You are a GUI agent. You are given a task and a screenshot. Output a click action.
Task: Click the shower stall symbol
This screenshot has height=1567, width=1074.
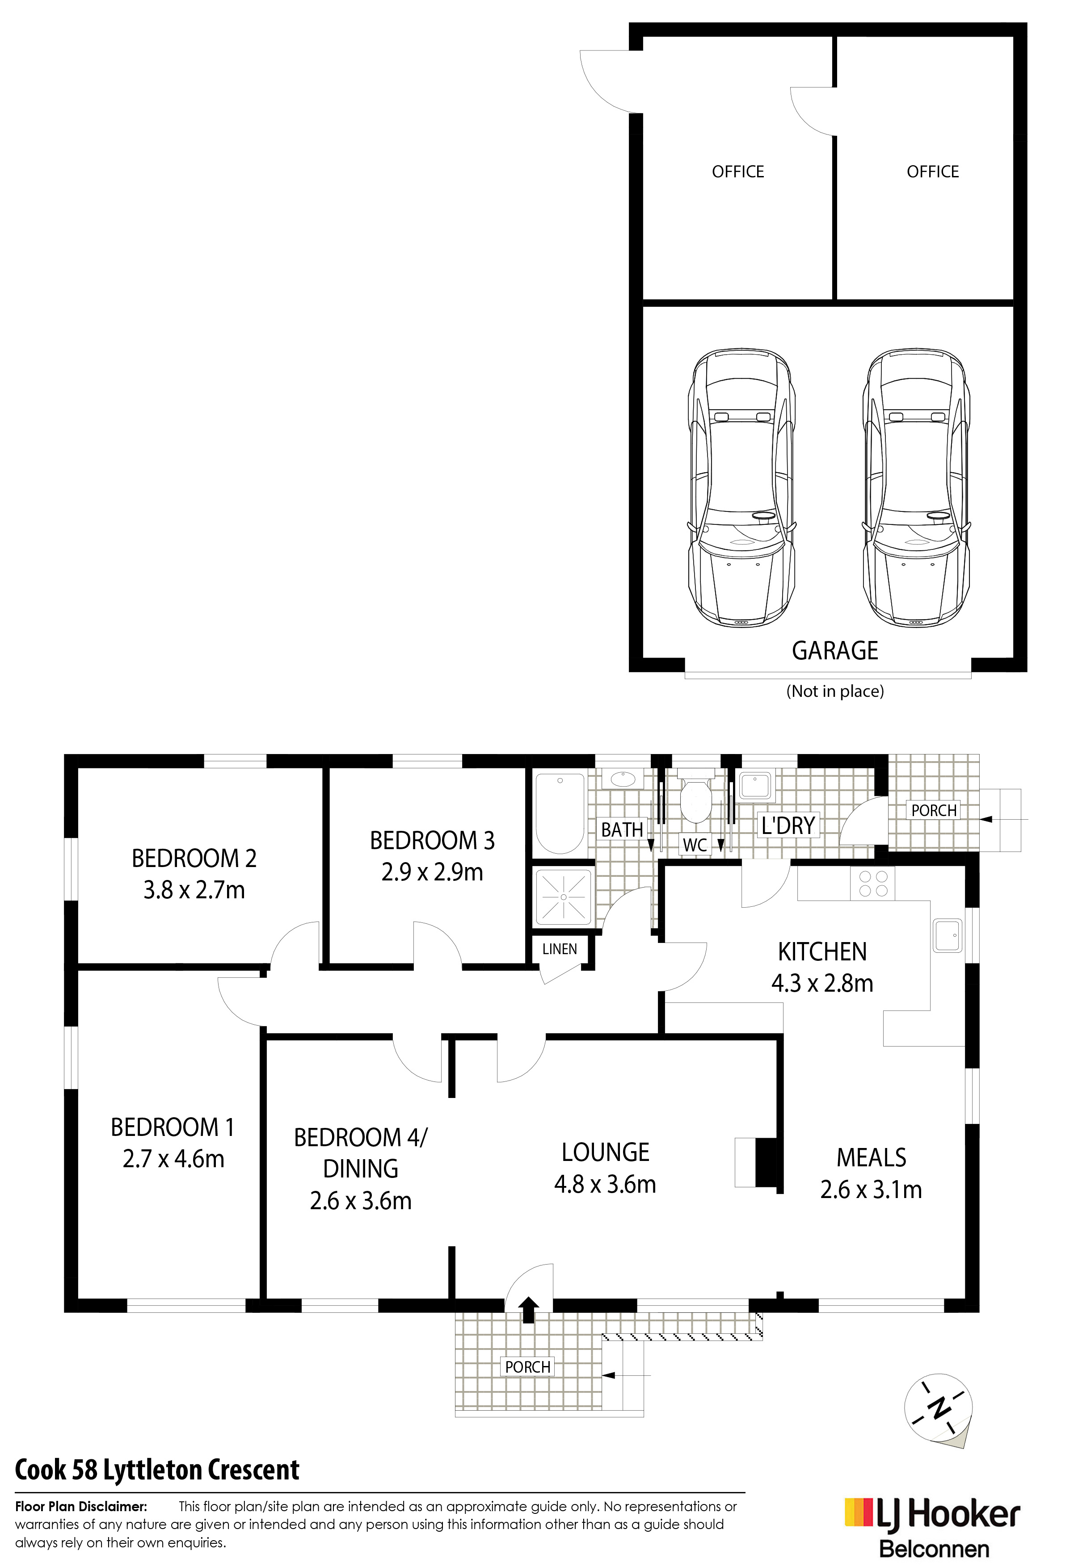[x=564, y=897]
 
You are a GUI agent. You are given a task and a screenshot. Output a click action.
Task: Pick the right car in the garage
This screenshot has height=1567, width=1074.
[x=916, y=487]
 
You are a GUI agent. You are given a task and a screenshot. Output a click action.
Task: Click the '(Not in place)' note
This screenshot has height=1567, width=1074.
[x=835, y=691]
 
